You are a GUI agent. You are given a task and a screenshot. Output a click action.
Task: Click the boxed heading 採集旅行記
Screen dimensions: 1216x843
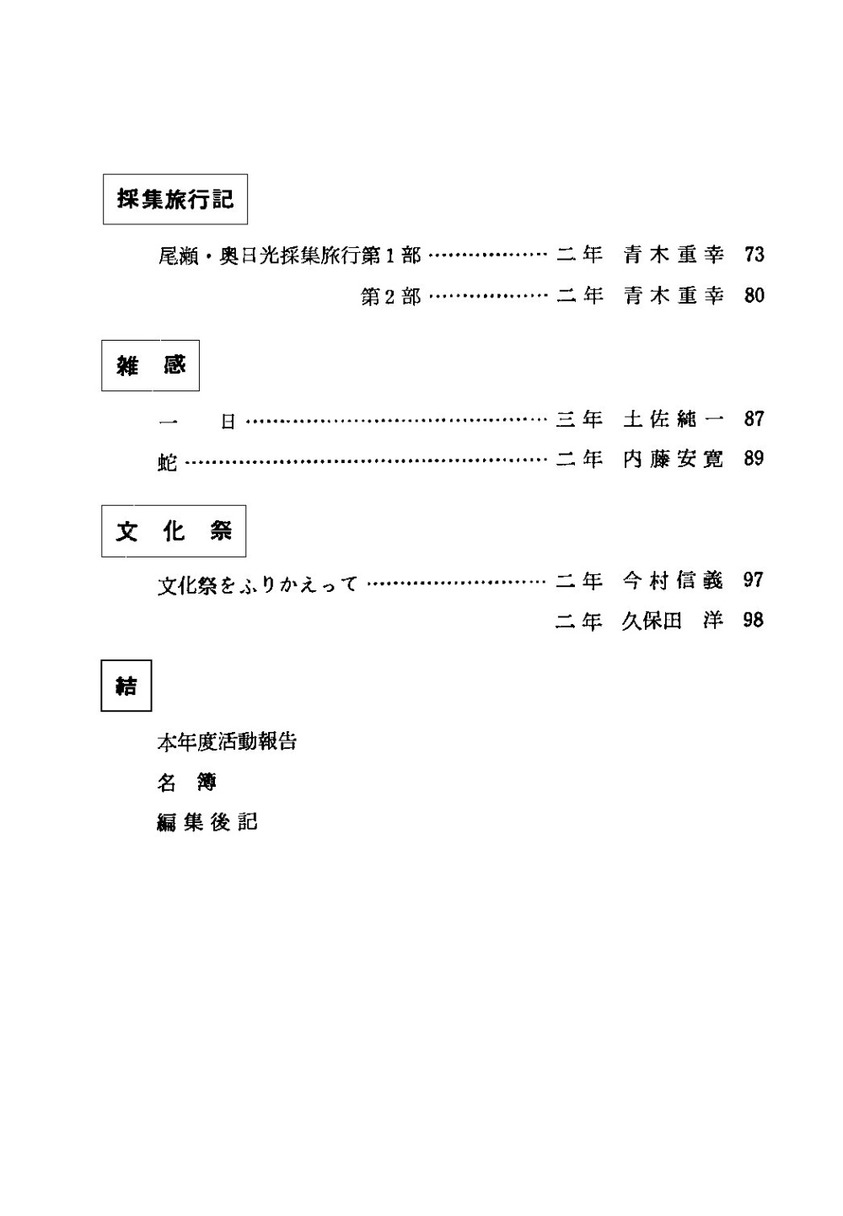[175, 200]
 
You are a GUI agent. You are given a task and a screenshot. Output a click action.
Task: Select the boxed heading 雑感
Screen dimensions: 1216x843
[151, 366]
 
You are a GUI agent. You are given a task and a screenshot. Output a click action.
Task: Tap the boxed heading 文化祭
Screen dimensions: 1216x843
[174, 531]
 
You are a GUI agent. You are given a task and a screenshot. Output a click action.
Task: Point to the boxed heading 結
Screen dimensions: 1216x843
[126, 686]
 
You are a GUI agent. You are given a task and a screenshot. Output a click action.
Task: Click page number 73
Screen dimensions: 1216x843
[754, 254]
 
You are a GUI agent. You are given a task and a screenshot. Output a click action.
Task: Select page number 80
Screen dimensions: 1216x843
[754, 295]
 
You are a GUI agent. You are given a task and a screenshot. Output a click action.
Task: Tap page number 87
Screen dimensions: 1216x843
[754, 418]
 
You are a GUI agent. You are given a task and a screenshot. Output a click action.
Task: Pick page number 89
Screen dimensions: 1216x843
[754, 459]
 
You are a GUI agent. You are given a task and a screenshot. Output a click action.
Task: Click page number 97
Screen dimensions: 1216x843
[754, 580]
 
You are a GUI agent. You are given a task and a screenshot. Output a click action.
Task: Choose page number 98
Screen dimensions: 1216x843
[754, 621]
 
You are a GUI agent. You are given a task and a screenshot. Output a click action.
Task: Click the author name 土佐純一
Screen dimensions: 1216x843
[674, 418]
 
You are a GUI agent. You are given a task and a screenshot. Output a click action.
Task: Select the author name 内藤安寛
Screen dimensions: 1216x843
[674, 459]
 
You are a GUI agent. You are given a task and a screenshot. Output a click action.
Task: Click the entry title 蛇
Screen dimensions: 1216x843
[167, 460]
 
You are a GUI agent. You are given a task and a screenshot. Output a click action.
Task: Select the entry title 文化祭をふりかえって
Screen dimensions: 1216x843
[258, 583]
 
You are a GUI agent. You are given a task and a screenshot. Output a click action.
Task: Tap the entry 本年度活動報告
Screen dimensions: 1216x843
[228, 742]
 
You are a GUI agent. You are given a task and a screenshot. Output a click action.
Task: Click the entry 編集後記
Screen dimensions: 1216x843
[207, 822]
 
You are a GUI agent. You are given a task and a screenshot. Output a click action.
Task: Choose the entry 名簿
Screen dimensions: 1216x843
[187, 783]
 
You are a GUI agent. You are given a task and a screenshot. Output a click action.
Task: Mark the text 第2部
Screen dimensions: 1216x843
[390, 296]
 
